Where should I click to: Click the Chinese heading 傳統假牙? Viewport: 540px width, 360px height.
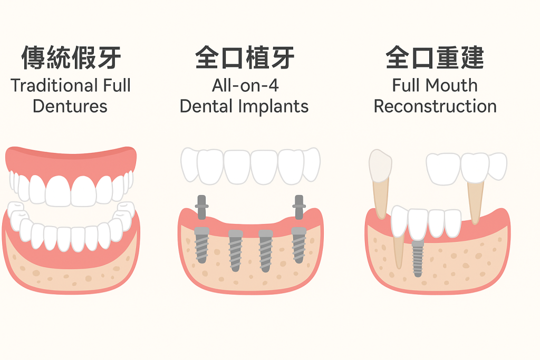coord(71,57)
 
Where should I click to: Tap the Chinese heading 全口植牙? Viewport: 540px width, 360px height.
coord(245,57)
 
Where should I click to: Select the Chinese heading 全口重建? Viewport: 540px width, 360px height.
coord(435,57)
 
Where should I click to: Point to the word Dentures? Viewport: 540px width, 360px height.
coord(70,106)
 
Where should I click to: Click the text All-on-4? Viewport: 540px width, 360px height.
coord(245,85)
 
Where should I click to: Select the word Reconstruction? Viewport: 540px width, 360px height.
coord(435,106)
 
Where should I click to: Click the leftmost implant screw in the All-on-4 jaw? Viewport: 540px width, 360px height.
coord(201,245)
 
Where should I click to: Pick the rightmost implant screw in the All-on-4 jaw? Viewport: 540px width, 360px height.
coord(298,245)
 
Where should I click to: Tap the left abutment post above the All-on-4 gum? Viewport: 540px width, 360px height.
coord(201,207)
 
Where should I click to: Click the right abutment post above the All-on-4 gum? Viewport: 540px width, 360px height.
coord(299,207)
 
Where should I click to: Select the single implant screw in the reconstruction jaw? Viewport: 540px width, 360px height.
coord(418,258)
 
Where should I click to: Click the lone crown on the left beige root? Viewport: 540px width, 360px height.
coord(380,166)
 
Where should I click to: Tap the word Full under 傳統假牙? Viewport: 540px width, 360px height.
coord(117,85)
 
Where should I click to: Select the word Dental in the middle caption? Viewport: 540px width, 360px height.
coord(206,106)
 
